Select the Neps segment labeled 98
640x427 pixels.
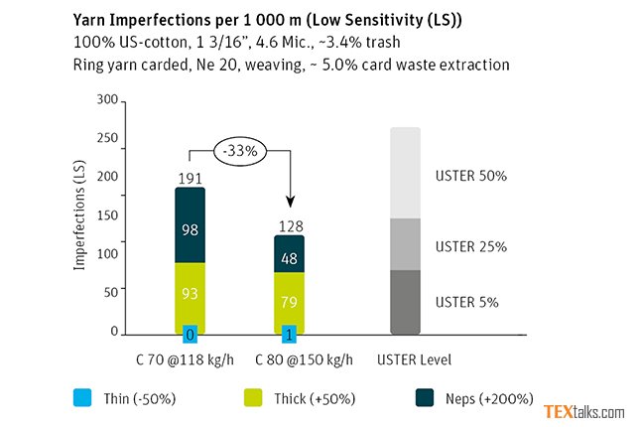pyautogui.click(x=190, y=226)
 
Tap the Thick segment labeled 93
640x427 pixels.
pyautogui.click(x=190, y=295)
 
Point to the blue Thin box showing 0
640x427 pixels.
pyautogui.click(x=190, y=333)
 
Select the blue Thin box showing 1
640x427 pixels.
pyautogui.click(x=289, y=333)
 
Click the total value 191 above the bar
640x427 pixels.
pyautogui.click(x=190, y=177)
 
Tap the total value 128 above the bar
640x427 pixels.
pyautogui.click(x=289, y=226)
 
